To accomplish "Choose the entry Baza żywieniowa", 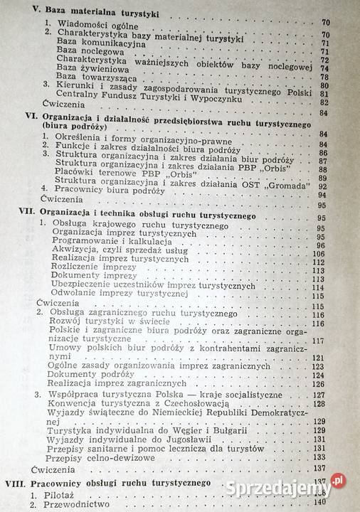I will coord(92,69).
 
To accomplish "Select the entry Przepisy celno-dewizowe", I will coord(109,459).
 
